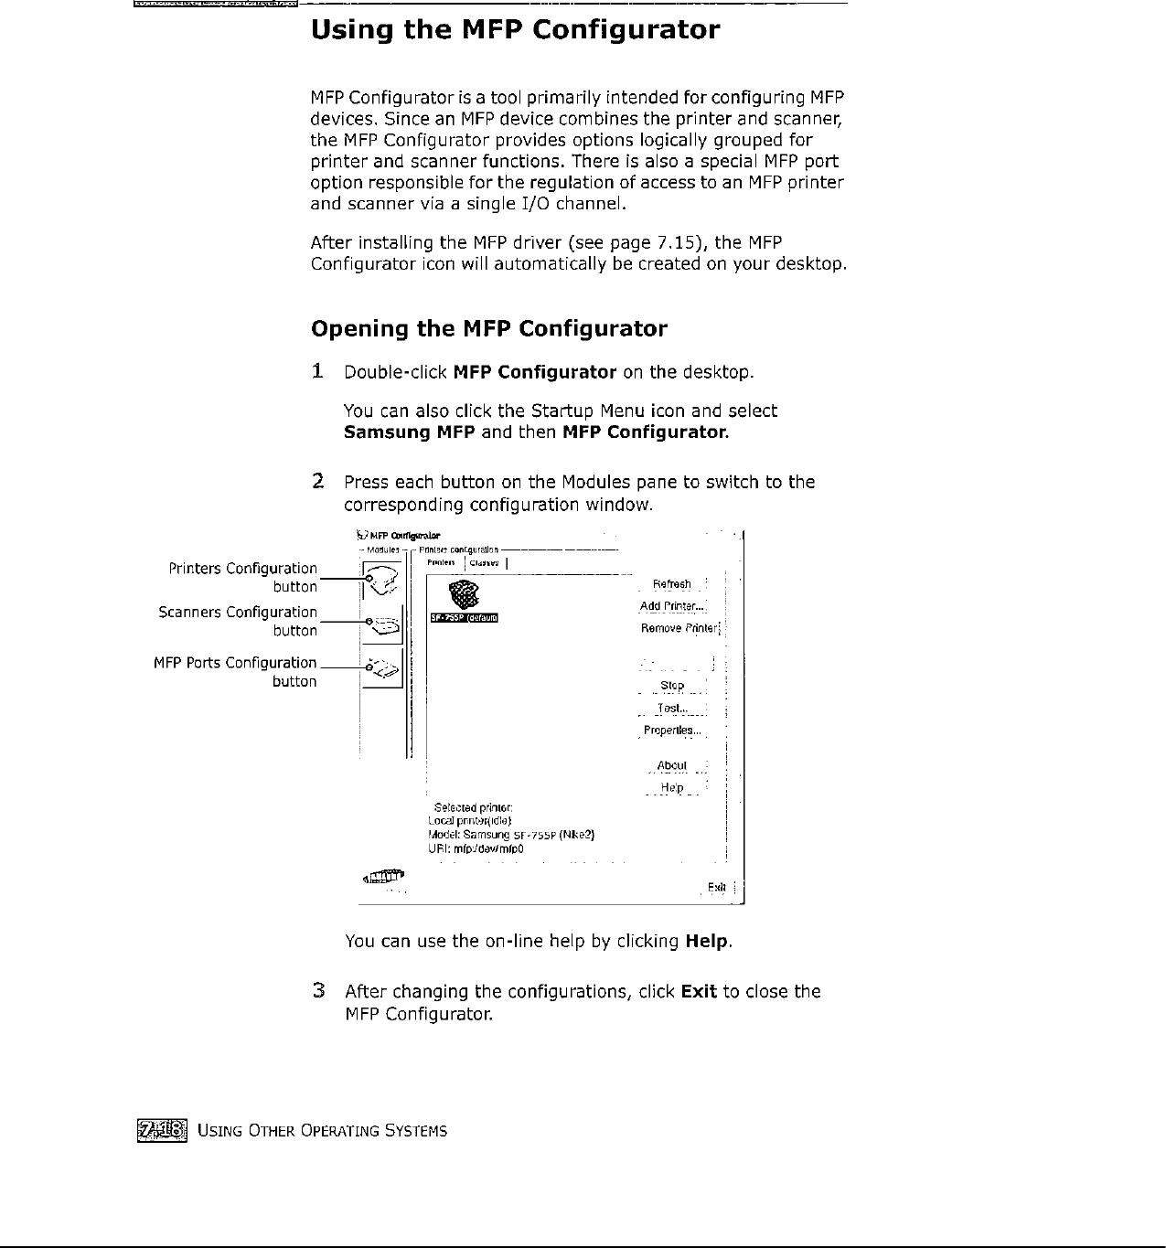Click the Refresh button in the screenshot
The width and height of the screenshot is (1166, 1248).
[672, 584]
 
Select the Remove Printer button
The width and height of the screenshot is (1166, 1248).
[680, 628]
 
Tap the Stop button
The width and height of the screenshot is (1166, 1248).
[672, 686]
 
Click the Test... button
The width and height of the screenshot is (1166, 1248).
[670, 709]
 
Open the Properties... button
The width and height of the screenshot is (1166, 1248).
[672, 731]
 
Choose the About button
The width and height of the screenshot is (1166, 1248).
[672, 766]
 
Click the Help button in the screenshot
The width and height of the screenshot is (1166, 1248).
[672, 788]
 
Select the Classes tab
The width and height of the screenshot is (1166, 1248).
[484, 563]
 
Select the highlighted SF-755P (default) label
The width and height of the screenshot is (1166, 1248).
[465, 618]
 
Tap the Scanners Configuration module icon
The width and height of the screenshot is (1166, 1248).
[383, 625]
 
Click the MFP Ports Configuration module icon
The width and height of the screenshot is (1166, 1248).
[383, 670]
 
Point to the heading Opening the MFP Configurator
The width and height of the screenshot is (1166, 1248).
[489, 328]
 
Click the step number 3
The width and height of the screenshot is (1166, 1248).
[318, 991]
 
